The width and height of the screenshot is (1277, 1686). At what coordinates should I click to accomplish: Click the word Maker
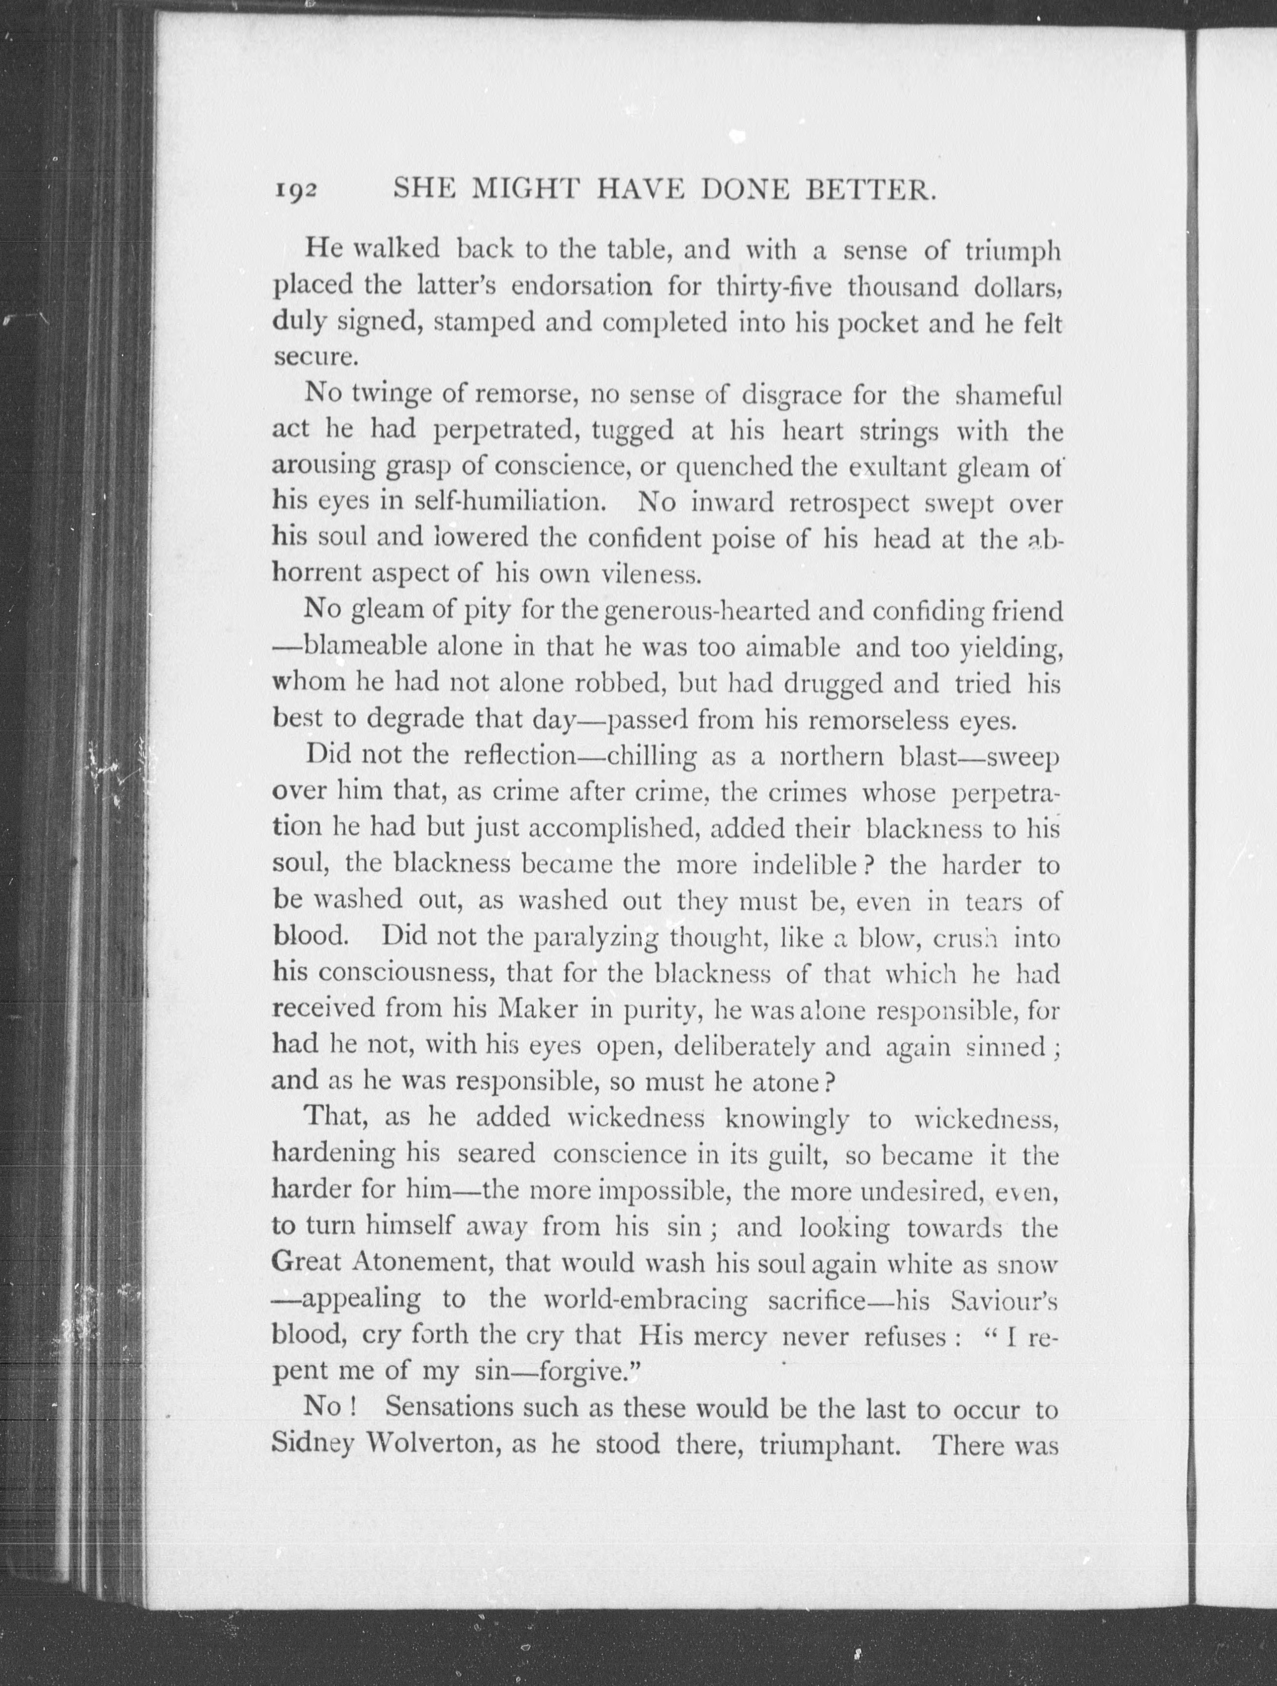(538, 1010)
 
